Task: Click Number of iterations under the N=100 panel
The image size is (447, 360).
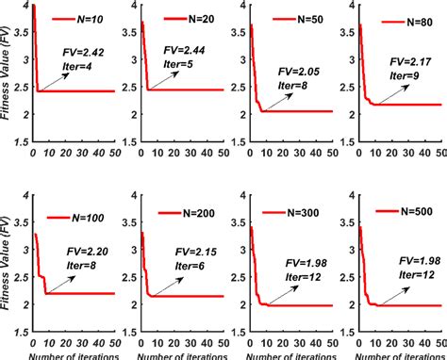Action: click(71, 354)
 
